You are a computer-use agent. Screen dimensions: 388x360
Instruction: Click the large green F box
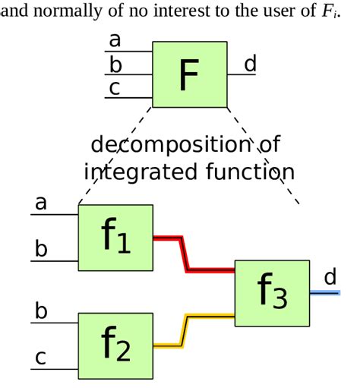[x=190, y=74]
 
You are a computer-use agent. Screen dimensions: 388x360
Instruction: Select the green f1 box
[x=115, y=238]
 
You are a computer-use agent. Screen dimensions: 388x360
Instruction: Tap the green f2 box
[x=115, y=346]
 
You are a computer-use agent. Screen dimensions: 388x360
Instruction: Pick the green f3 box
[x=272, y=292]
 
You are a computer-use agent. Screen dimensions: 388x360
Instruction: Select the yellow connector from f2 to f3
[x=184, y=330]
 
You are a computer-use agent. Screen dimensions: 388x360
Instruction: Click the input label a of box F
[x=115, y=40]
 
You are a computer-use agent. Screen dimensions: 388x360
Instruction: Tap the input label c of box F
[x=115, y=88]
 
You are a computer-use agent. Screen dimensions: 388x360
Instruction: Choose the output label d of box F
[x=250, y=64]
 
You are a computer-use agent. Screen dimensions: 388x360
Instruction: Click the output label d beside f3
[x=330, y=276]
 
